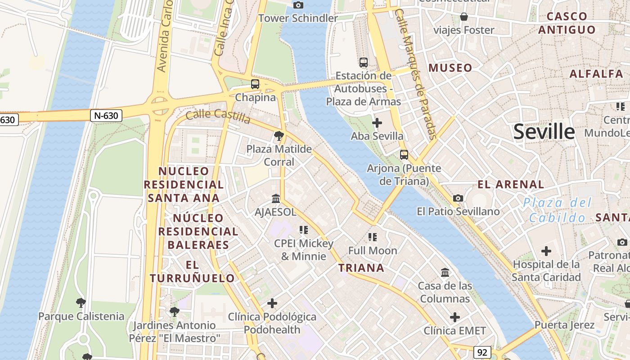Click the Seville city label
point(544,131)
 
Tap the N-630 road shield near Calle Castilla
point(106,116)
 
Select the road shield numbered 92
point(482,352)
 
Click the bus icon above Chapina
point(255,84)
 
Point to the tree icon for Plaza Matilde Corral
point(279,135)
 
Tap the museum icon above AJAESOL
point(276,198)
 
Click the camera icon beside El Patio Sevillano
point(458,198)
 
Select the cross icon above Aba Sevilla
point(377,122)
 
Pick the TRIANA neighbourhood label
point(361,268)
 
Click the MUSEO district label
point(450,68)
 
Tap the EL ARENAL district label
point(510,184)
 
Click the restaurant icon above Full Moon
point(373,237)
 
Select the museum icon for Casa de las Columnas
point(445,272)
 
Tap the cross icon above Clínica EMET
point(455,317)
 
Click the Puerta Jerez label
point(564,325)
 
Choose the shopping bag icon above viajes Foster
point(464,17)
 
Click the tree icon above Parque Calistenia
point(81,302)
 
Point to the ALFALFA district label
point(596,74)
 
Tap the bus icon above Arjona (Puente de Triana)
point(404,155)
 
